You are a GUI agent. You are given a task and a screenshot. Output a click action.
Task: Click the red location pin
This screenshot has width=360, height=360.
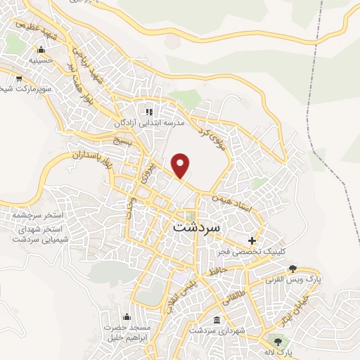[181, 165]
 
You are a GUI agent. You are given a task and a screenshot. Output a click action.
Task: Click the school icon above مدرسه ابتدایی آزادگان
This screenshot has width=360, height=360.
[148, 112]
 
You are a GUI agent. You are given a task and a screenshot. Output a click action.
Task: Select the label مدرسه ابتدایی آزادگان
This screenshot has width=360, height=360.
[148, 123]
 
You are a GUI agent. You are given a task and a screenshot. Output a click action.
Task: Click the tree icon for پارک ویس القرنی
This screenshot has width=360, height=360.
[292, 268]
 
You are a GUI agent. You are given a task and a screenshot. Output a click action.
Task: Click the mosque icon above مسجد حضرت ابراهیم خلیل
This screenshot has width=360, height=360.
[127, 316]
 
